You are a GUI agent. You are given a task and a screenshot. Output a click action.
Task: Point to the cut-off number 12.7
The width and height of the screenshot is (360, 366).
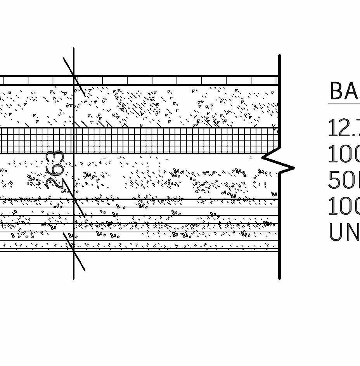[x=344, y=128]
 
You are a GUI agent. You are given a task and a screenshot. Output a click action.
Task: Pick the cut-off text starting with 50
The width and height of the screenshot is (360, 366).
[x=344, y=180]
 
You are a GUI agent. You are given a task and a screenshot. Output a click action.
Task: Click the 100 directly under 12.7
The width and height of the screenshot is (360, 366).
[x=344, y=154]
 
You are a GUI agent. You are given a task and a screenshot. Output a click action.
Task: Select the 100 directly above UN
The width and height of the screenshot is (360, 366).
[x=344, y=206]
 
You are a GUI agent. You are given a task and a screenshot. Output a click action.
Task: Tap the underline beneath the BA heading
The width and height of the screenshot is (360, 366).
[x=344, y=104]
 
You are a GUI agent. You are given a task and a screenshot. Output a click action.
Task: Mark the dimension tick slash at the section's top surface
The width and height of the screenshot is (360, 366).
[x=74, y=76]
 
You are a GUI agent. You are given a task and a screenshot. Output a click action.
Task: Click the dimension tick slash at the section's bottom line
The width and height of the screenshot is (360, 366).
[x=74, y=251]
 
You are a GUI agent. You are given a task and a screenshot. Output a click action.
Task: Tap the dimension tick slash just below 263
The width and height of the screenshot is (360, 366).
[x=74, y=199]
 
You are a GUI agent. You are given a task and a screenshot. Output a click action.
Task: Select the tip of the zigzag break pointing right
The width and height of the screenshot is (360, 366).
[x=293, y=168]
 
